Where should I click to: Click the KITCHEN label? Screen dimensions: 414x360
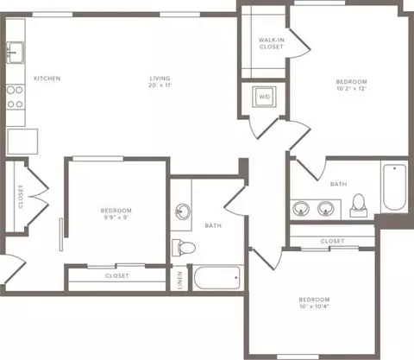click(x=47, y=79)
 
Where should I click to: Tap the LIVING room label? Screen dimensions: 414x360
click(x=160, y=78)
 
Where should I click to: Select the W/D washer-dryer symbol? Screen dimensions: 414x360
click(x=265, y=97)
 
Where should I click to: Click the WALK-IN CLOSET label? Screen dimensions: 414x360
click(x=272, y=43)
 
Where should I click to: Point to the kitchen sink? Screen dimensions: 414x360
click(x=16, y=53)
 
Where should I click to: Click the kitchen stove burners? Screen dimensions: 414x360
click(x=16, y=97)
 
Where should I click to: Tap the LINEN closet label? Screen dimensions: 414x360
click(x=180, y=280)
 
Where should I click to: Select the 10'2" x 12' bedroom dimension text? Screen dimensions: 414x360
click(x=351, y=89)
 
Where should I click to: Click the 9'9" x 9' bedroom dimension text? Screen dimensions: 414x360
click(x=116, y=218)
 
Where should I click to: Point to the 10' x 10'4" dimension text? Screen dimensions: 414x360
click(x=314, y=306)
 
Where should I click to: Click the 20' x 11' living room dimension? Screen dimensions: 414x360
click(x=160, y=85)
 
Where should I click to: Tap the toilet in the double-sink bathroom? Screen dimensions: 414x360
click(x=359, y=205)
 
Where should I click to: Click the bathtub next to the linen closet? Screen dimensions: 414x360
click(x=217, y=278)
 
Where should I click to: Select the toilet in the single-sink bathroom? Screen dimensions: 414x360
click(x=184, y=247)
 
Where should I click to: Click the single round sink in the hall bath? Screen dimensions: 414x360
click(x=183, y=212)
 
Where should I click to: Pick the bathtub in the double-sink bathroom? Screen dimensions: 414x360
click(x=395, y=187)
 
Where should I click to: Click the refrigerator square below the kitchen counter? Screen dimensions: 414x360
click(x=22, y=142)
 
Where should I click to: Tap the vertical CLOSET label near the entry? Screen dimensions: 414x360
click(x=21, y=197)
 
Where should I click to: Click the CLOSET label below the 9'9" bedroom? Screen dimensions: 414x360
click(x=117, y=275)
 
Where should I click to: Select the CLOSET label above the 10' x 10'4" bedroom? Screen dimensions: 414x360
click(x=332, y=241)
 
